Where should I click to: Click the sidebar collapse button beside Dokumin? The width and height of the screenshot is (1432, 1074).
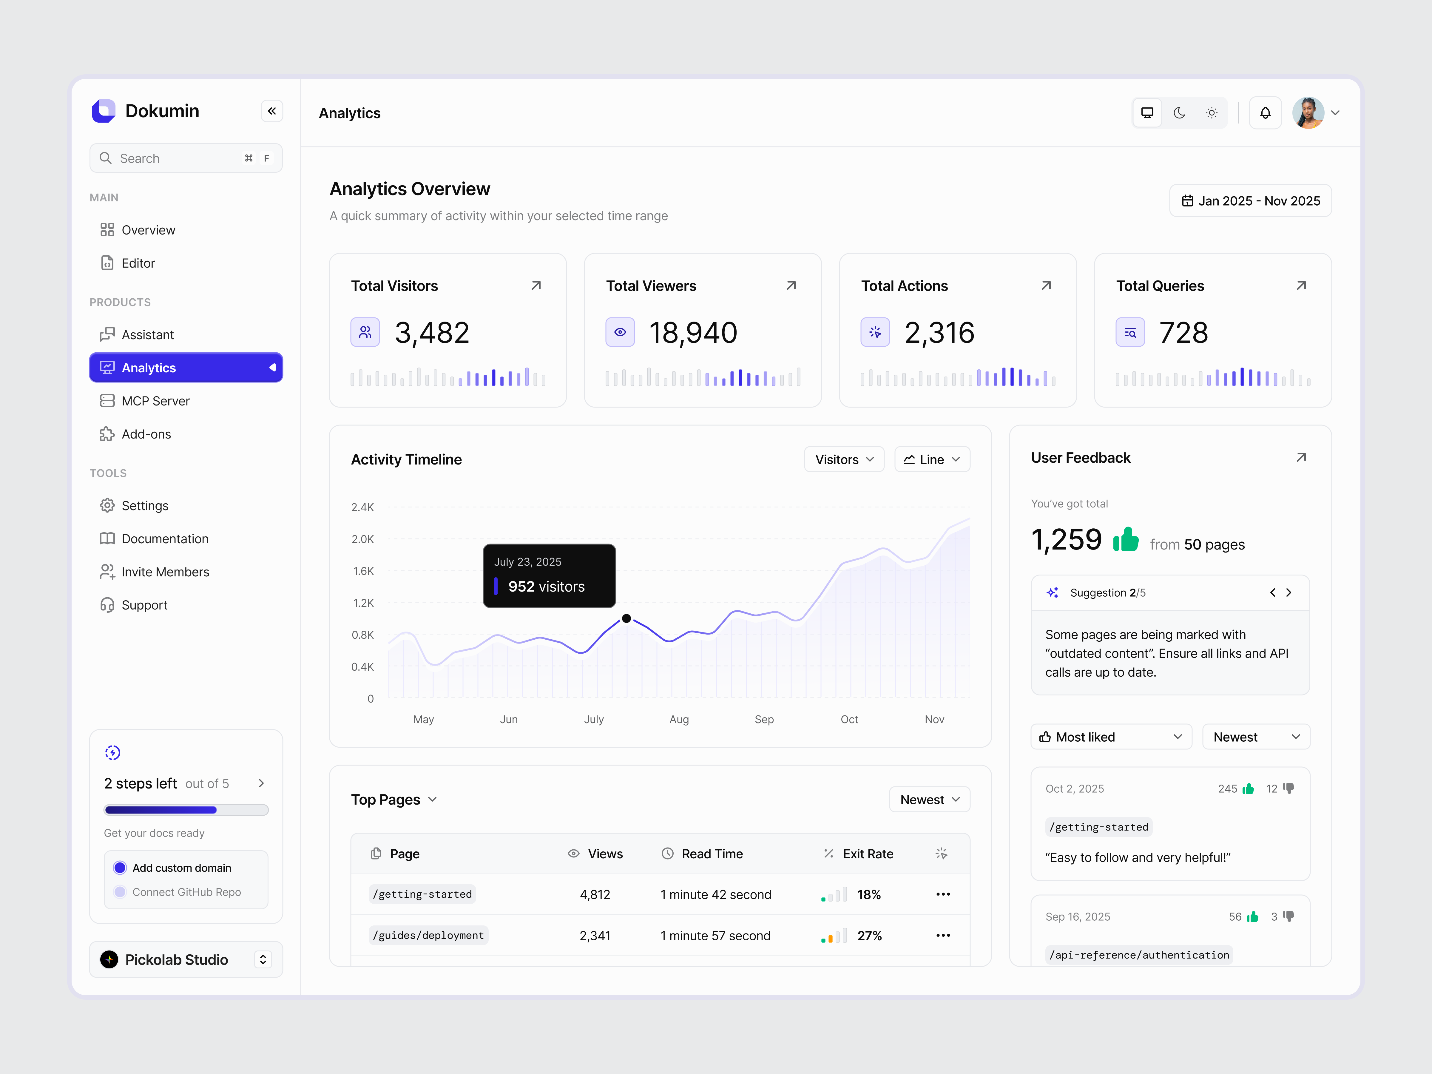(x=272, y=111)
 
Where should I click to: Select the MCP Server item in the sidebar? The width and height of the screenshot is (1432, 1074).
(x=155, y=401)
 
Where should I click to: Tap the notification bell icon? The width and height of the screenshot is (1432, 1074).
(x=1265, y=113)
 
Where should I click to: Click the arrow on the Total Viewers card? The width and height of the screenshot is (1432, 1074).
(x=791, y=286)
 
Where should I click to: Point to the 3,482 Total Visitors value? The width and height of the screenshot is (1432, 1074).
(x=432, y=333)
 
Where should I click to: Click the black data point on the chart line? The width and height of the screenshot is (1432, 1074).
(x=626, y=618)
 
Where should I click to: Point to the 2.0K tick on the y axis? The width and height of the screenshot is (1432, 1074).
(x=362, y=538)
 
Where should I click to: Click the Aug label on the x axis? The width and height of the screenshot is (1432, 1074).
(x=678, y=719)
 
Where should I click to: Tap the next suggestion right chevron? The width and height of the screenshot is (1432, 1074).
(x=1289, y=592)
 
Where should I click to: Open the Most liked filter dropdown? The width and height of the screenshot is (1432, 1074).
(x=1111, y=737)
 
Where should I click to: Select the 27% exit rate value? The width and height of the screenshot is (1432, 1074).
(x=869, y=936)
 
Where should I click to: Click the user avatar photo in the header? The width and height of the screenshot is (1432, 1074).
(x=1308, y=113)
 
